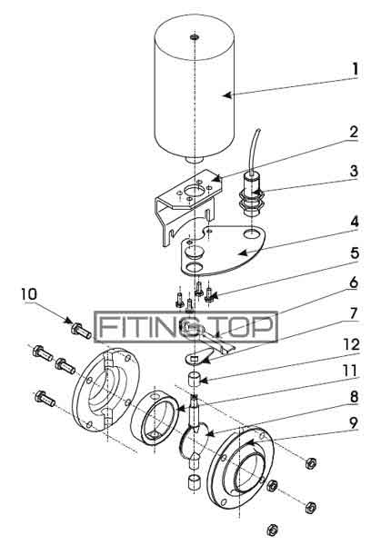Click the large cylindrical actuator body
point(195,91)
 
